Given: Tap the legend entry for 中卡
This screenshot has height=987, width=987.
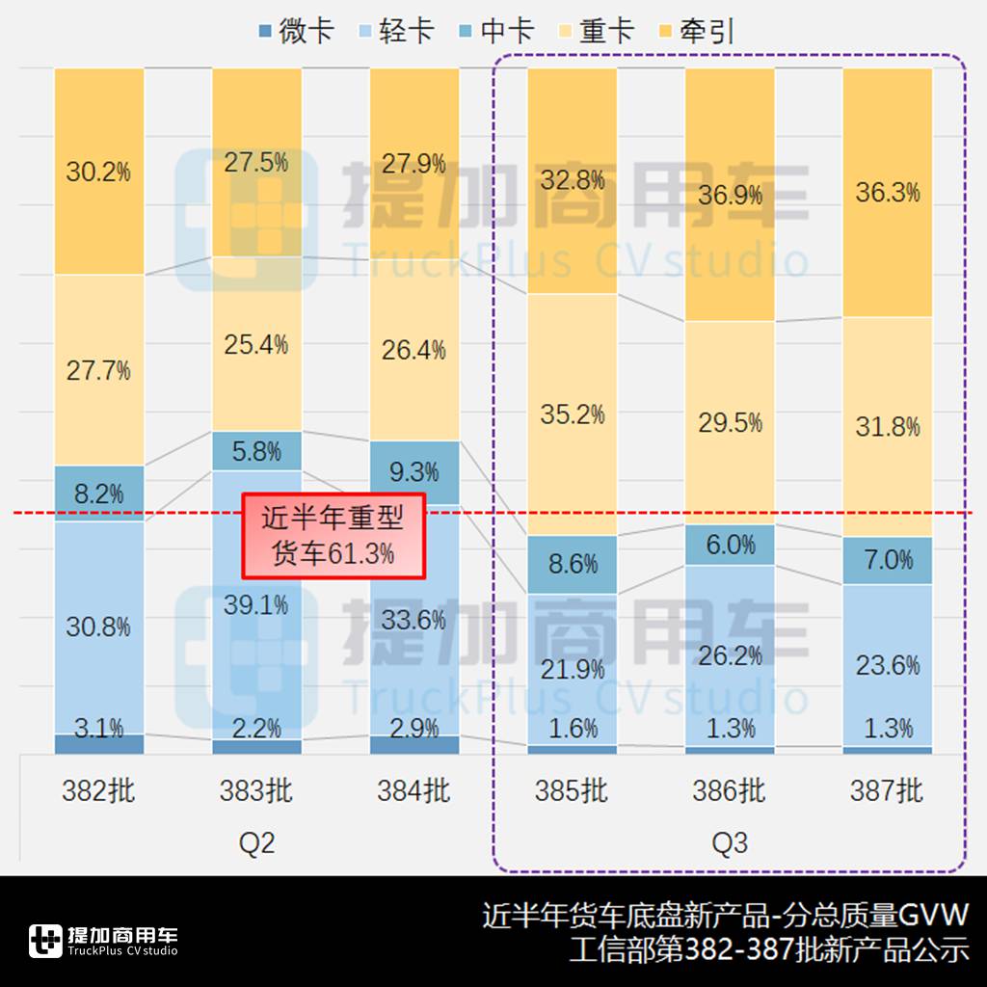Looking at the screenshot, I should (497, 31).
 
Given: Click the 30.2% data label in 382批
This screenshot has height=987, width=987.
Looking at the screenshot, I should (98, 172).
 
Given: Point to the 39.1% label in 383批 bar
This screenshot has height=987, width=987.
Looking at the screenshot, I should (256, 605).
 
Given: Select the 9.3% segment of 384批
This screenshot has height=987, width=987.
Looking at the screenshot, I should (414, 471).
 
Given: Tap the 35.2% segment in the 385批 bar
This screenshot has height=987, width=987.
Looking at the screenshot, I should (573, 414).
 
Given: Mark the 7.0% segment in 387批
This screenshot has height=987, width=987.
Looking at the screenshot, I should (888, 560).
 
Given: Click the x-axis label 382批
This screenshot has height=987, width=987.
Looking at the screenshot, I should (98, 791).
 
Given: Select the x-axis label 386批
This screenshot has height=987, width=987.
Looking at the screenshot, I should (730, 791).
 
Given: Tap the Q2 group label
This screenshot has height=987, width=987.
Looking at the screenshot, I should (256, 843).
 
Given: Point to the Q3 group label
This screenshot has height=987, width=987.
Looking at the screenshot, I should (730, 843).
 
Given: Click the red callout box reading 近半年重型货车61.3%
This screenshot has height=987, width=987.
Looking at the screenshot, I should (333, 536).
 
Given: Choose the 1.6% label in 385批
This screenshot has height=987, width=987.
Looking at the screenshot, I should (573, 729).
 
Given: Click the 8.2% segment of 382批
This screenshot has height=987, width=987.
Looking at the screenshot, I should (98, 493).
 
